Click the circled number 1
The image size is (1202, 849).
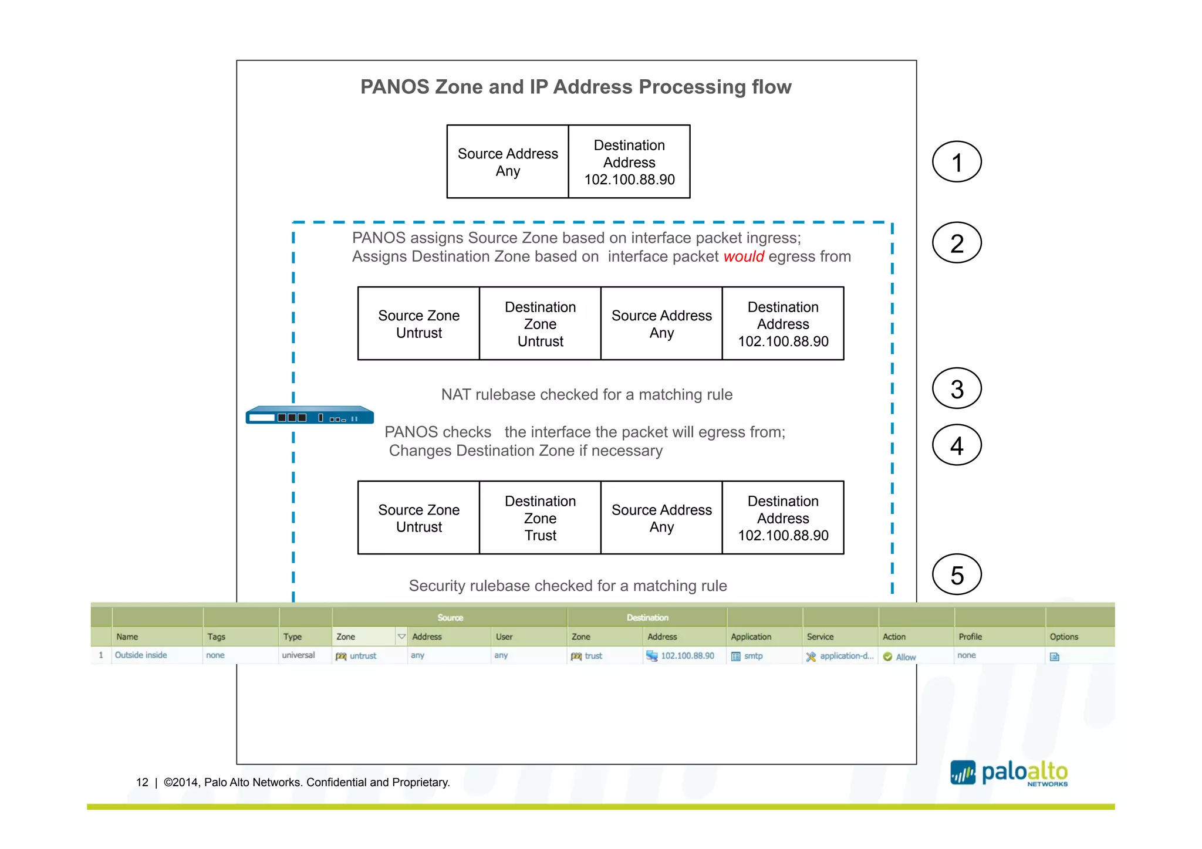click(956, 162)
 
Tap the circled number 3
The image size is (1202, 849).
click(956, 388)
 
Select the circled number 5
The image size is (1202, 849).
click(956, 574)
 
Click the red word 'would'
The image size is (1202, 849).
click(743, 257)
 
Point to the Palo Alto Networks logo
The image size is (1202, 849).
click(1009, 773)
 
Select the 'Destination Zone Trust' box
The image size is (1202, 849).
click(540, 517)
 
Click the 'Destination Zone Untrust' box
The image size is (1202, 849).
click(540, 323)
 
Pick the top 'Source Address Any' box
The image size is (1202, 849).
click(508, 162)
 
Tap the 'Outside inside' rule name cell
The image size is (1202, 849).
click(141, 655)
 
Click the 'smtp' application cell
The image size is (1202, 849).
click(753, 656)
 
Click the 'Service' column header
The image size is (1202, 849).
click(820, 637)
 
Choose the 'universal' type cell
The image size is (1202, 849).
click(298, 655)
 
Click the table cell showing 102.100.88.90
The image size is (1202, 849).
click(687, 656)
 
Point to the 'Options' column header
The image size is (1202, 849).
click(1063, 637)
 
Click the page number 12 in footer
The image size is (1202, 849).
click(142, 782)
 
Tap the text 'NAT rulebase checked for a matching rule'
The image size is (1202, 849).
click(586, 394)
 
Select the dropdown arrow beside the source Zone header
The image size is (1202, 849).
click(401, 637)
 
